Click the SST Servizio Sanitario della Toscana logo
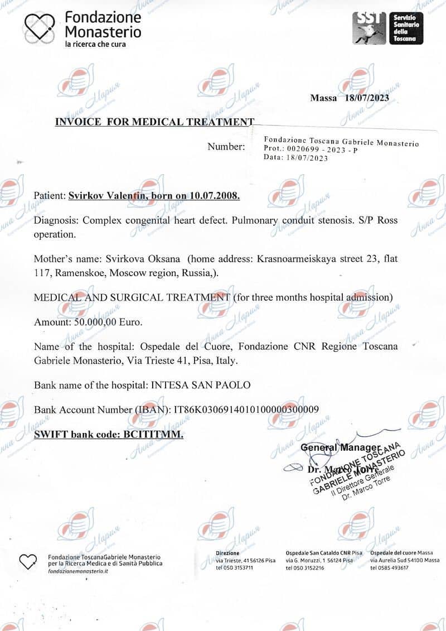pyautogui.click(x=387, y=28)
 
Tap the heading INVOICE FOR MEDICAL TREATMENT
pyautogui.click(x=154, y=122)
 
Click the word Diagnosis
pyautogui.click(x=55, y=220)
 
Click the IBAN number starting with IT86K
pyautogui.click(x=247, y=410)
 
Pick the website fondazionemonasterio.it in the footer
pyautogui.click(x=78, y=571)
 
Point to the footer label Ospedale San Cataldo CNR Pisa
pyautogui.click(x=323, y=553)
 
